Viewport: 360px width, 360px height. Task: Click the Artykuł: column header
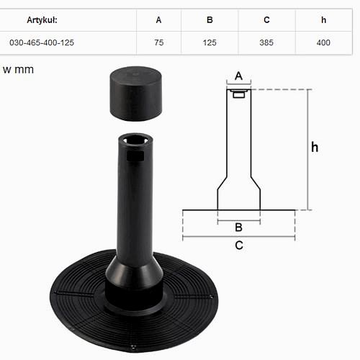[x=42, y=20]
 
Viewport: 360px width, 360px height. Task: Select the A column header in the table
[x=158, y=20]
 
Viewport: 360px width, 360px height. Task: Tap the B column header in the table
[x=210, y=20]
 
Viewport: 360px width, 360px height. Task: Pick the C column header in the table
[x=266, y=20]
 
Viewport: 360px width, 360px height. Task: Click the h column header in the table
[x=324, y=20]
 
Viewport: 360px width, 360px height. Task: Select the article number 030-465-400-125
[x=42, y=42]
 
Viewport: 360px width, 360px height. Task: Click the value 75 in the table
[x=159, y=42]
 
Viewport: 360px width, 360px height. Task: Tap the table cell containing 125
[x=210, y=42]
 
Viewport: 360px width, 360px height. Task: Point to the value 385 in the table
[x=266, y=42]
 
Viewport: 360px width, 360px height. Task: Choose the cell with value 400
[x=323, y=42]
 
